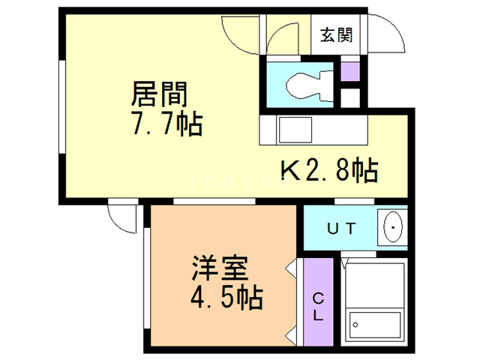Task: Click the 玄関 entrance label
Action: click(x=334, y=34)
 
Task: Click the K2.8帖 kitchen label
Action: click(x=328, y=172)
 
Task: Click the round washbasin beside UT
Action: click(x=392, y=227)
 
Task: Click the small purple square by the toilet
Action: click(x=349, y=73)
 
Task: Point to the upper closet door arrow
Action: click(x=289, y=267)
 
